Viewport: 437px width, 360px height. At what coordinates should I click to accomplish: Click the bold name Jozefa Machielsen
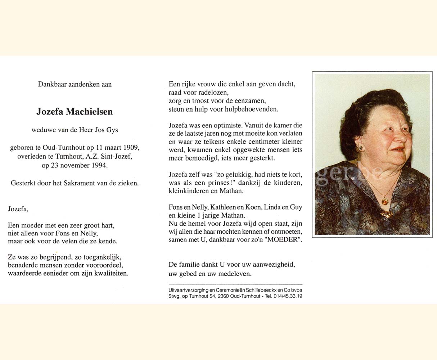(x=75, y=112)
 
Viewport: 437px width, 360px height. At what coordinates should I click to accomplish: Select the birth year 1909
(x=131, y=148)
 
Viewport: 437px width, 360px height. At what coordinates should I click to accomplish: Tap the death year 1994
(x=100, y=166)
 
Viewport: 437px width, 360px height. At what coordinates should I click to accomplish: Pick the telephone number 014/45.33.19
(x=285, y=296)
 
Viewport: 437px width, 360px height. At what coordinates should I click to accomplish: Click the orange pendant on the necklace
(x=385, y=201)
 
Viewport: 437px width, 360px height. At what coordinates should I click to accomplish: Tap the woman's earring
(x=361, y=148)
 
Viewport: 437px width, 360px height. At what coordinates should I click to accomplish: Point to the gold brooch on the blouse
(x=387, y=214)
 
